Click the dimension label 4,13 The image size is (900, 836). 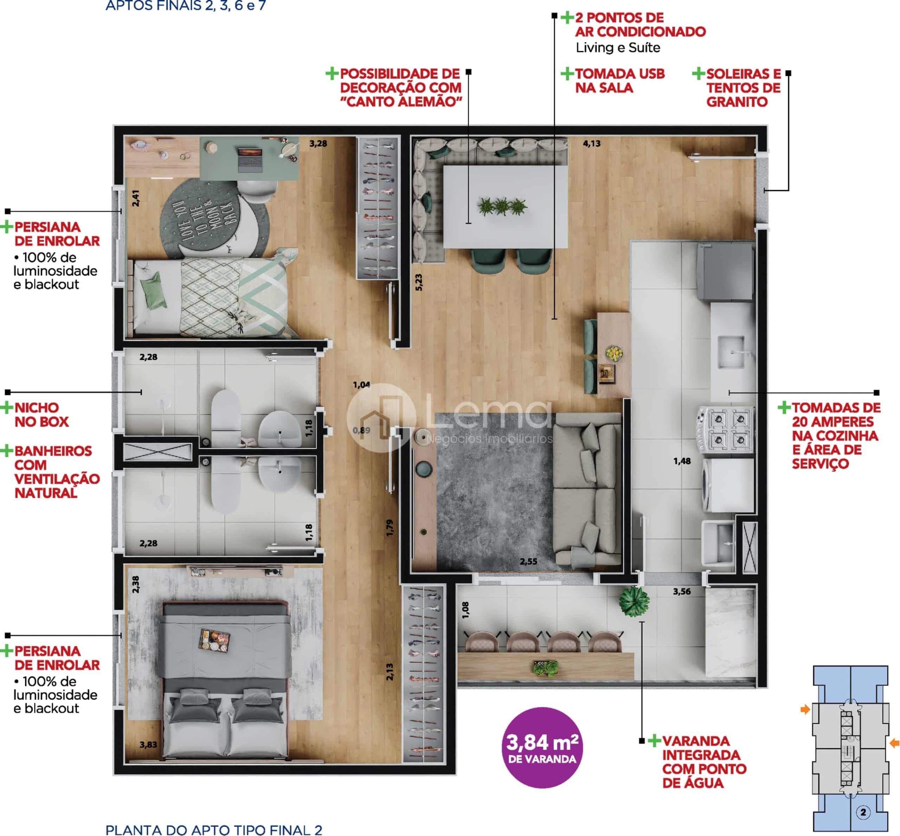coord(591,143)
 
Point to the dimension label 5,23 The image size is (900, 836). coord(419,282)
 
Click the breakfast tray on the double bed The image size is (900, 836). coord(215,640)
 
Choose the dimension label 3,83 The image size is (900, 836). coord(148,745)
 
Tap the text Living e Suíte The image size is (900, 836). coord(618,47)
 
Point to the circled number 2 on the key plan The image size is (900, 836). coord(863,812)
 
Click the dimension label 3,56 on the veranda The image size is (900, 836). coord(681,591)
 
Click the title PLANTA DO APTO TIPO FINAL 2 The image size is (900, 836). coord(214,830)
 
